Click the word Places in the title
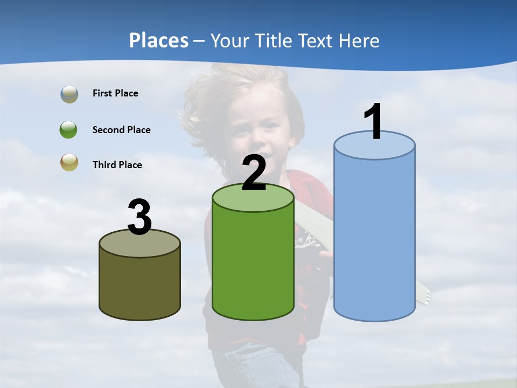[159, 40]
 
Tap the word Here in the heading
[359, 40]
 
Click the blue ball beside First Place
[69, 94]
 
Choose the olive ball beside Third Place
[69, 163]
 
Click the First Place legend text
[115, 93]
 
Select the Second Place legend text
[121, 130]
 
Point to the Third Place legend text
[117, 165]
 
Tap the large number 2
[254, 174]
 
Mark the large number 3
[139, 218]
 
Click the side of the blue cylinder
[374, 237]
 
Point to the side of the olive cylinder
[139, 286]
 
